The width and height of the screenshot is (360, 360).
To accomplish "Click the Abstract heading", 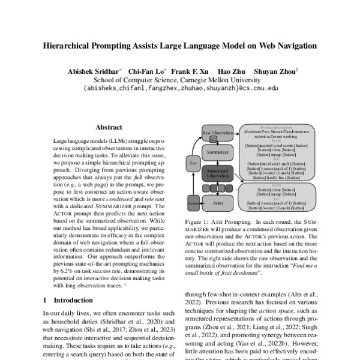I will [x=109, y=127].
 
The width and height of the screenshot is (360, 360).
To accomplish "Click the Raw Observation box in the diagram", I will [x=217, y=131].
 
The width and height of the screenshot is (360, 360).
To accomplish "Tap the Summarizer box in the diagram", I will [x=217, y=152].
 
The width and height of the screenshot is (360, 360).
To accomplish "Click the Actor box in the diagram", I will [x=217, y=203].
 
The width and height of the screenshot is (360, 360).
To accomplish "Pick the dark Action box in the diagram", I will [x=193, y=203].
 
